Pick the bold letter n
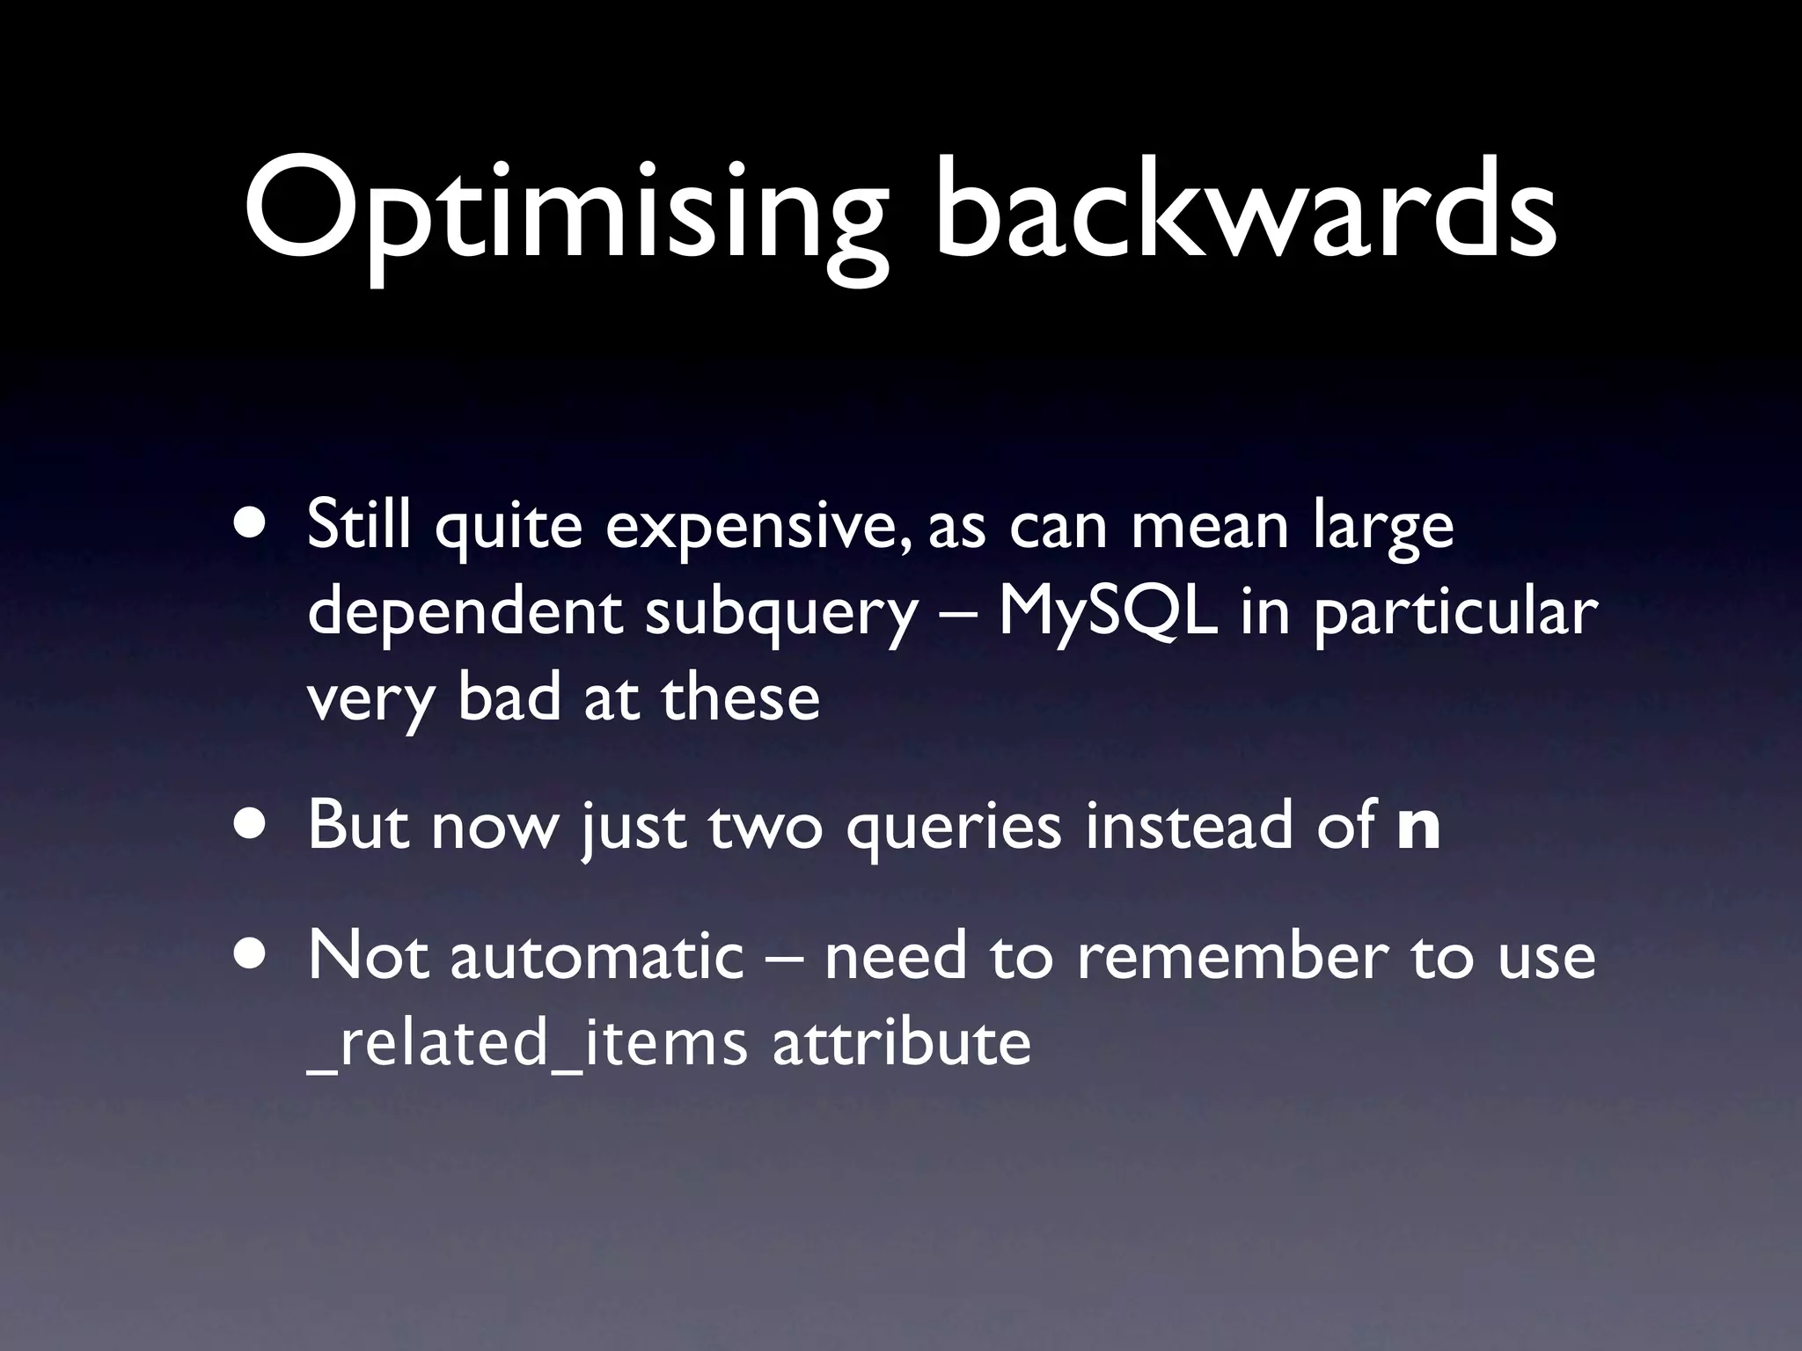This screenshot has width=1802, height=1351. click(1418, 828)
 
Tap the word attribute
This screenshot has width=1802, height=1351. click(901, 1043)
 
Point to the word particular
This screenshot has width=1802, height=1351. click(1455, 614)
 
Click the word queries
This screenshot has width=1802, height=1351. click(954, 828)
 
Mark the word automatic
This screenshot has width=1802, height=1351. click(597, 956)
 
